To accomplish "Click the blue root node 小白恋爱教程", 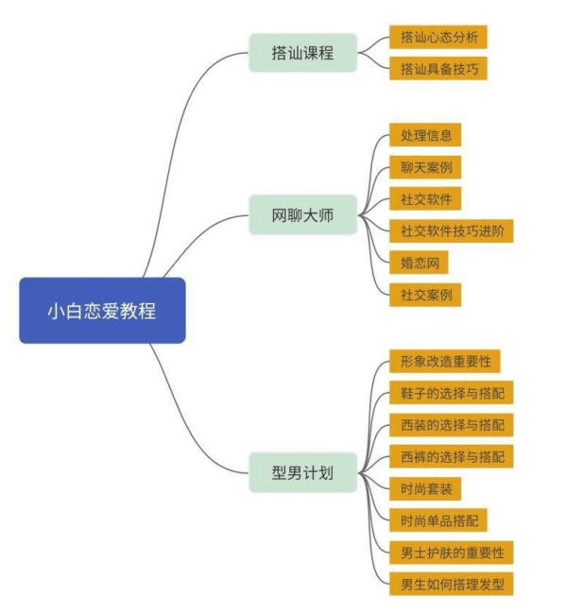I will pyautogui.click(x=102, y=311).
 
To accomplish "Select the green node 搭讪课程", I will pyautogui.click(x=303, y=53).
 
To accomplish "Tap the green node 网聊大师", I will pyautogui.click(x=303, y=215).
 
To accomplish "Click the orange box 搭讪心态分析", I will pyautogui.click(x=438, y=38).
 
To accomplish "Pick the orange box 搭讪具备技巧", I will pyautogui.click(x=438, y=69).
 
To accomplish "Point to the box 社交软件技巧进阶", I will pyautogui.click(x=451, y=231).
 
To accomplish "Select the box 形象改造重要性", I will pyautogui.click(x=444, y=362).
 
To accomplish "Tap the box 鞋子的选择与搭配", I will pyautogui.click(x=451, y=393).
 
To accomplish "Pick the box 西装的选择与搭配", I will pyautogui.click(x=451, y=425).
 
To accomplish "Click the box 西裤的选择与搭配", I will pyautogui.click(x=451, y=457).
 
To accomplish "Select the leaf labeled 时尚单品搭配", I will pyautogui.click(x=438, y=520).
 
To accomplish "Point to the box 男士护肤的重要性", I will pyautogui.click(x=451, y=552).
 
